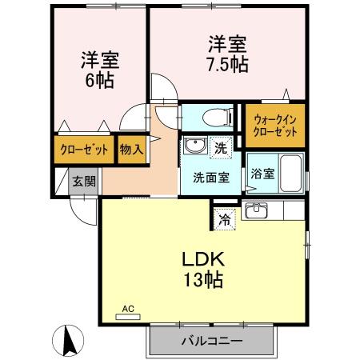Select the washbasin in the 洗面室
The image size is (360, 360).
194,146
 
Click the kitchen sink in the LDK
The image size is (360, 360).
256,212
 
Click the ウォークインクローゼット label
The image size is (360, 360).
274,125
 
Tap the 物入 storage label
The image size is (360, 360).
132,149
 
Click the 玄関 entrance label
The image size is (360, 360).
84,181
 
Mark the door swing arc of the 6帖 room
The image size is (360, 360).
162,90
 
